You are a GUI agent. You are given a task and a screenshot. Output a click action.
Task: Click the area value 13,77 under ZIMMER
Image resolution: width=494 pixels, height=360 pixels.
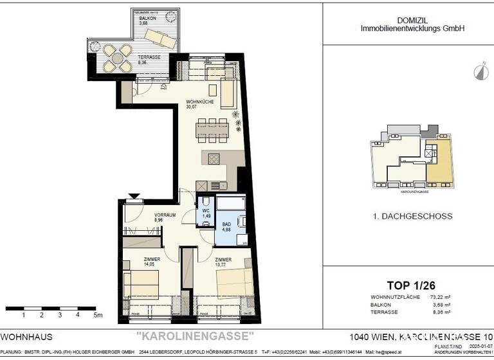[x=224, y=264]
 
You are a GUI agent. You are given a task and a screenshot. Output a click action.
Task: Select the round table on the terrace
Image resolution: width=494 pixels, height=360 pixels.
[x=118, y=57]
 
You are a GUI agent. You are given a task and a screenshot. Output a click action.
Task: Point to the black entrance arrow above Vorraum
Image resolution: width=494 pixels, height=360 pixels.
[x=134, y=196]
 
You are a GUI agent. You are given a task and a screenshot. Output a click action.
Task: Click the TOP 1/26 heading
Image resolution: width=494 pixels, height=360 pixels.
[x=410, y=284]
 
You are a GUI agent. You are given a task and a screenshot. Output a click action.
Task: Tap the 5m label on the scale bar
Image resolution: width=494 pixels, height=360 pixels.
[x=97, y=316]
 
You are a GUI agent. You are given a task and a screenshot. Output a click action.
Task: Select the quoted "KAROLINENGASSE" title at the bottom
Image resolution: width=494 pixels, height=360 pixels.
[x=195, y=336]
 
